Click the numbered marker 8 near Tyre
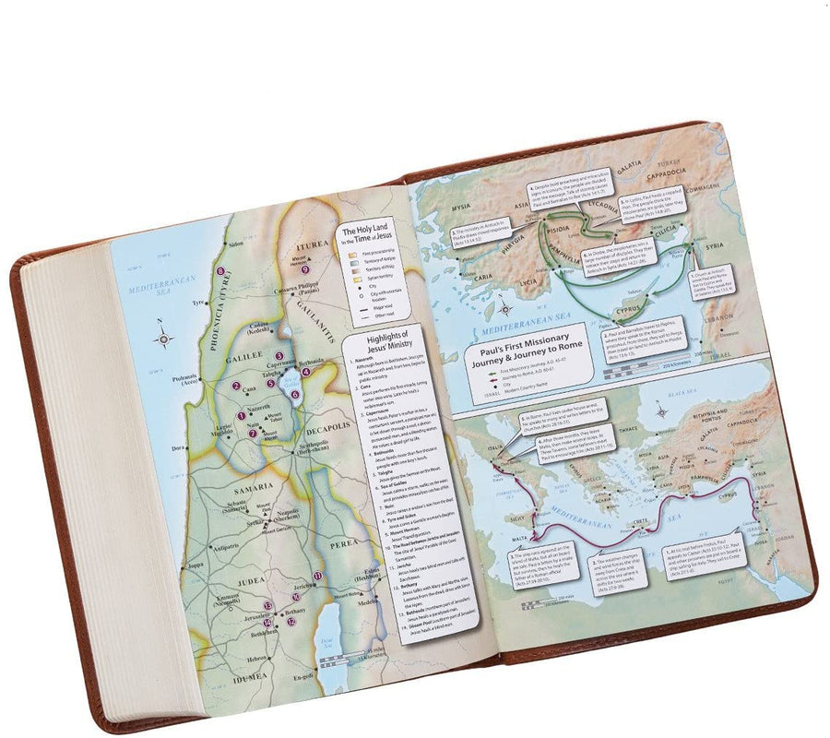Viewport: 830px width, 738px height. (x=220, y=272)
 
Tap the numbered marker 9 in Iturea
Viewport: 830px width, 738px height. (x=304, y=269)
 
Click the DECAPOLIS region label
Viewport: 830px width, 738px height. (x=325, y=428)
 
